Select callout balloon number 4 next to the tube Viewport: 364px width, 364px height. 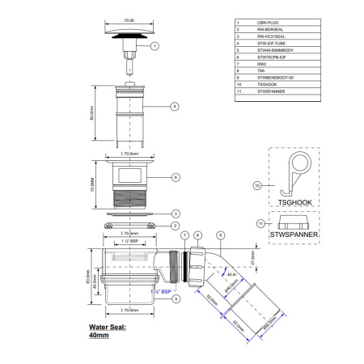[174, 106]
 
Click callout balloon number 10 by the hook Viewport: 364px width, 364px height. [258, 185]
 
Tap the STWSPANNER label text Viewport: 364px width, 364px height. [293, 236]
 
